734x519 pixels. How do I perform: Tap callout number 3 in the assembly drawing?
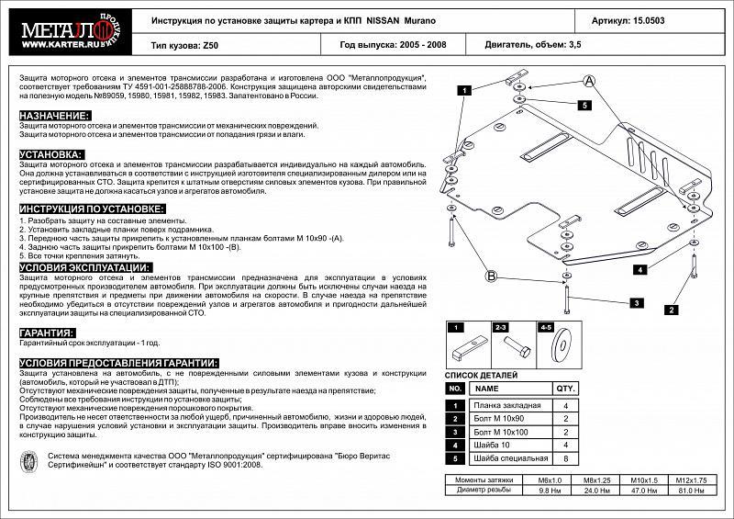[634, 302]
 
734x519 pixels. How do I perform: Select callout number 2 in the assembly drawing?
[672, 310]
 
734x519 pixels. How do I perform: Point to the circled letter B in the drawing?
[491, 276]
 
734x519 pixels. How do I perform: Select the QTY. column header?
[565, 388]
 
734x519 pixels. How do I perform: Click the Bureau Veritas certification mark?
[31, 460]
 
